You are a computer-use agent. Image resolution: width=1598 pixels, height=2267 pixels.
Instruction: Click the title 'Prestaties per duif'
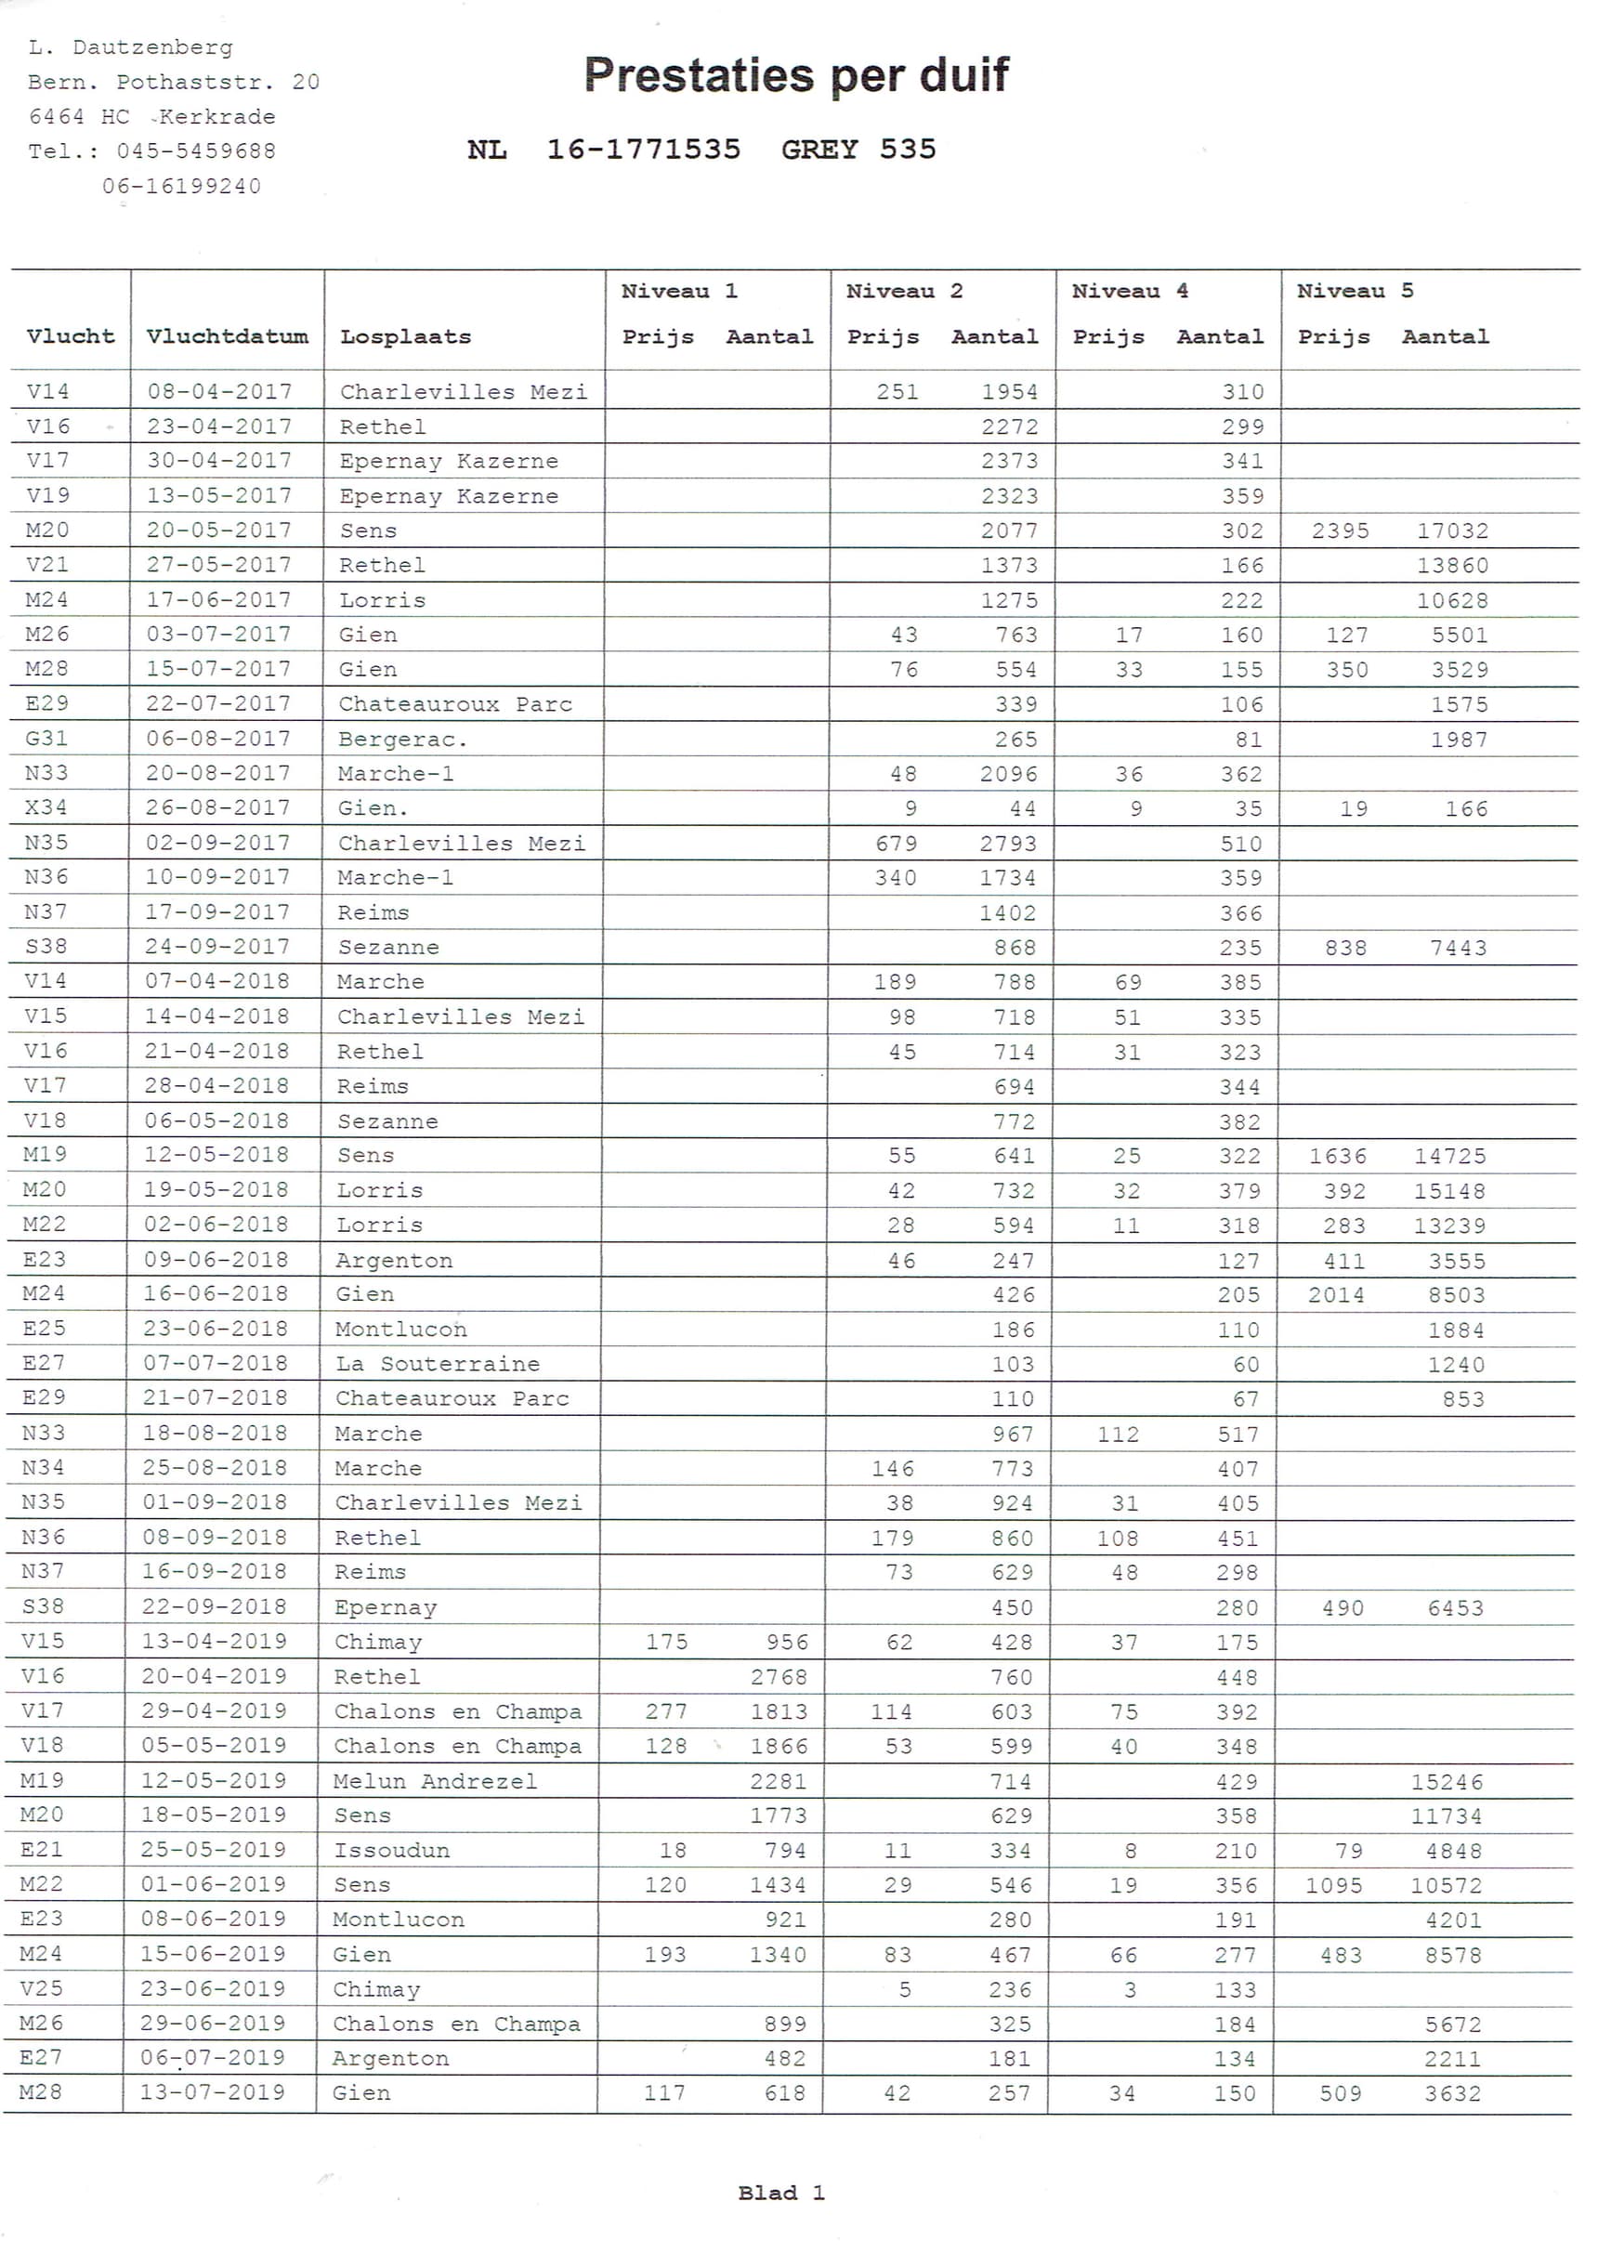tap(796, 75)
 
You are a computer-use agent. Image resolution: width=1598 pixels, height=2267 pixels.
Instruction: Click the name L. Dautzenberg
tap(130, 47)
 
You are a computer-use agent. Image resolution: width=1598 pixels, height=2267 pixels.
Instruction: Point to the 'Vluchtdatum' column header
tap(227, 336)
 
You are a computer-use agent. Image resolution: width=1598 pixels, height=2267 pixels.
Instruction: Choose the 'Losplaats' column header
tap(405, 336)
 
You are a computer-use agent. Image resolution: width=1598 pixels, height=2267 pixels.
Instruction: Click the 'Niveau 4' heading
tap(1129, 292)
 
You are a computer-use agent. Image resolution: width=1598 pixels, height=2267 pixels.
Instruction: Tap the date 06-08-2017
tap(218, 739)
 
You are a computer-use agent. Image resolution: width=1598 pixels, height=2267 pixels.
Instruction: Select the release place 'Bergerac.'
tap(402, 739)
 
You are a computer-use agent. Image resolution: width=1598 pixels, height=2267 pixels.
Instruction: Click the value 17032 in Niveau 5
tap(1452, 531)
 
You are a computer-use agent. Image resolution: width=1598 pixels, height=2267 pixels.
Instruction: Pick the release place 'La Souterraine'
tap(437, 1364)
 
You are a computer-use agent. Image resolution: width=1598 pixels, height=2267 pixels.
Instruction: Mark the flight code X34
tap(46, 807)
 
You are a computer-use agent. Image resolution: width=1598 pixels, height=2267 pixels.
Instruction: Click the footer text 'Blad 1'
tap(780, 2193)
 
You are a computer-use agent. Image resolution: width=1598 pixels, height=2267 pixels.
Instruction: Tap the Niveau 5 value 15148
tap(1448, 1191)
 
